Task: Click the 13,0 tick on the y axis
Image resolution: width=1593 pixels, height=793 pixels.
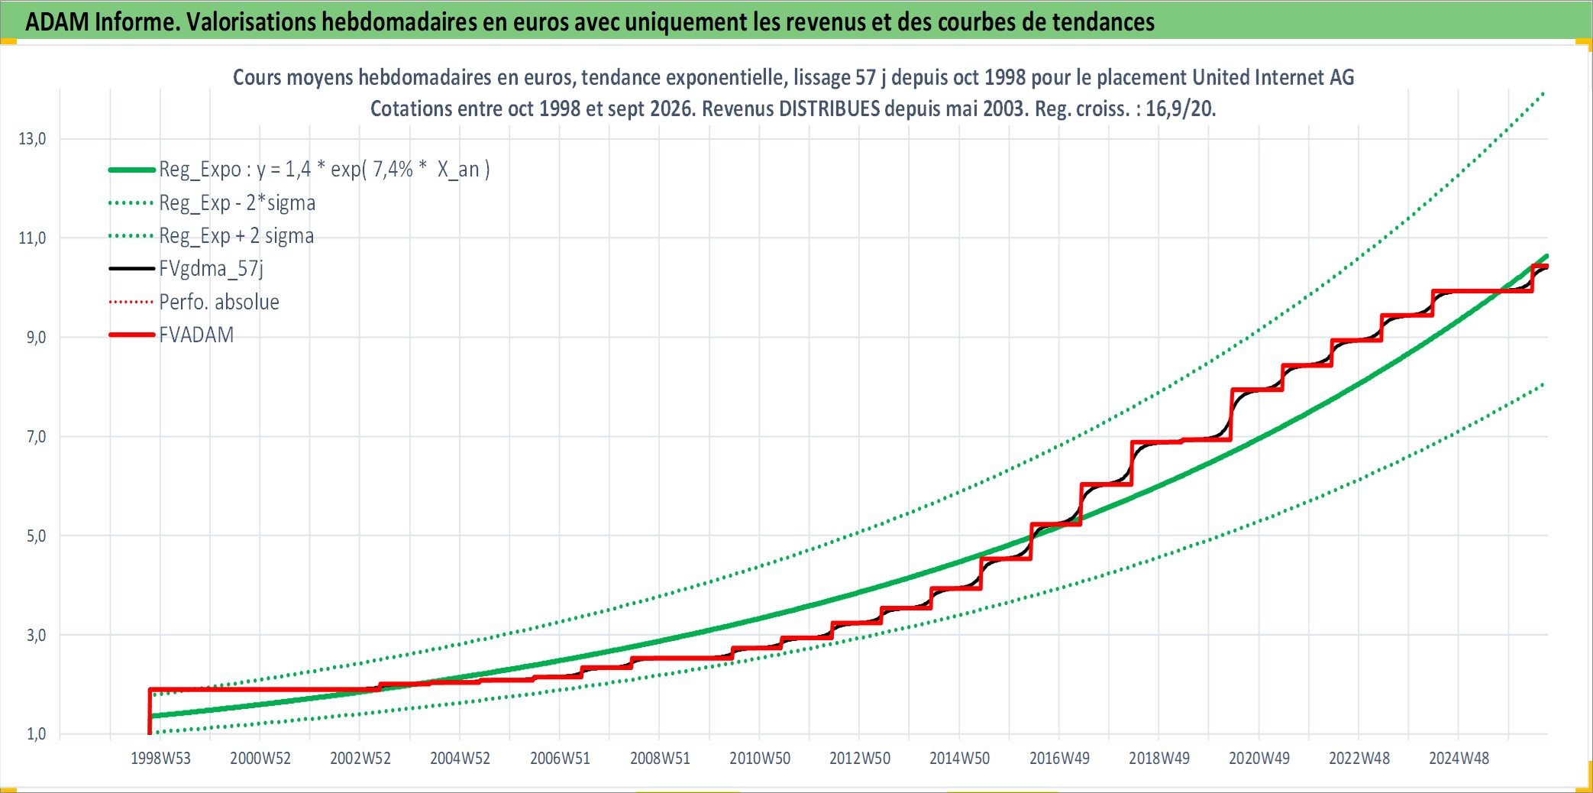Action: tap(32, 139)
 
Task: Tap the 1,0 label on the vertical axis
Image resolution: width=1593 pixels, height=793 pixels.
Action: tap(36, 734)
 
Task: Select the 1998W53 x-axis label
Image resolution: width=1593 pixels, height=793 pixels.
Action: tap(160, 759)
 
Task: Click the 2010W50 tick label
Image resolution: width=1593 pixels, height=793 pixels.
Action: tap(760, 759)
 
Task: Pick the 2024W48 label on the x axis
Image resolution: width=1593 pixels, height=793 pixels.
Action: tap(1459, 759)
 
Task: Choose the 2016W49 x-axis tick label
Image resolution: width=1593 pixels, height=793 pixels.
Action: tap(1059, 759)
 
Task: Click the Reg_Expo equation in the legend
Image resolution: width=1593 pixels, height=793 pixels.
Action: tap(325, 170)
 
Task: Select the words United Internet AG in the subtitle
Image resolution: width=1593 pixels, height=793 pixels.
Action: tap(1273, 77)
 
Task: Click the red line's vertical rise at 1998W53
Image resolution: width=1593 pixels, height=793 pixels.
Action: tap(150, 711)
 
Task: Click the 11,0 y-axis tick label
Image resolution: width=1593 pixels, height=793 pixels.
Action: tap(32, 238)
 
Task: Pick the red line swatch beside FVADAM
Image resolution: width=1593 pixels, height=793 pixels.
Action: tap(132, 335)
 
